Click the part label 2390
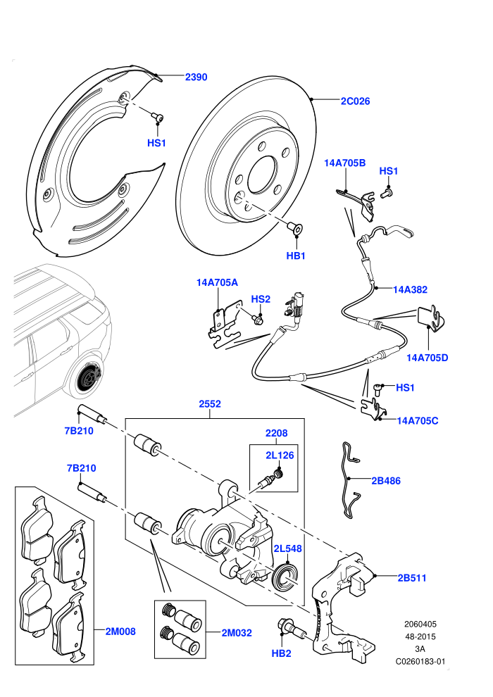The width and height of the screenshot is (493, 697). coord(196,77)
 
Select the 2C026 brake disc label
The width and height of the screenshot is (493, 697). coord(355,101)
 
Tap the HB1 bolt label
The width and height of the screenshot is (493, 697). coord(296,256)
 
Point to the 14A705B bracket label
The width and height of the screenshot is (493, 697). coord(344,163)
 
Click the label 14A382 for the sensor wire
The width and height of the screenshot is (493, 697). coord(410,289)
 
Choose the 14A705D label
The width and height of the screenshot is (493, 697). coord(428,358)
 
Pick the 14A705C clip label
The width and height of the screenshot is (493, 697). coord(418,420)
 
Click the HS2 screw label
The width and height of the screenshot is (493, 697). coord(261,299)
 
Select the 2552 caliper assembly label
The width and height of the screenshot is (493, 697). coord(210,404)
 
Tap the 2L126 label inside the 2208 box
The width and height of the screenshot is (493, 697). coord(280,456)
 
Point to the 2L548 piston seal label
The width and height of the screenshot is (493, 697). coord(287,548)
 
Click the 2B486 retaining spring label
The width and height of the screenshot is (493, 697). coord(386,481)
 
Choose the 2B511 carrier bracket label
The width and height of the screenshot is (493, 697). coord(411,578)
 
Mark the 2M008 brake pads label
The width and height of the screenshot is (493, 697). coord(120,632)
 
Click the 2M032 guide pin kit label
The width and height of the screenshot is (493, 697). coord(237,632)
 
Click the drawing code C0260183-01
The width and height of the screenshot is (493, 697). coord(420,661)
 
